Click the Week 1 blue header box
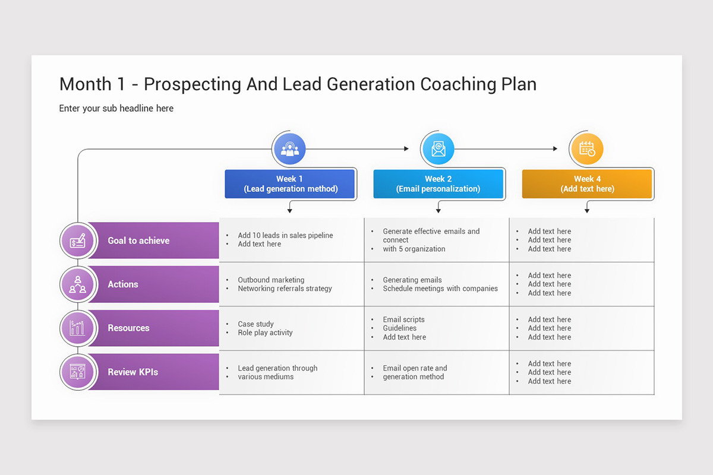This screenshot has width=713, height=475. (x=290, y=184)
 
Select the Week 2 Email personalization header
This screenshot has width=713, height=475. (x=438, y=184)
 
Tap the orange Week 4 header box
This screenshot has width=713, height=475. (x=586, y=184)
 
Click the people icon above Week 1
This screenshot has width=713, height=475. (x=289, y=149)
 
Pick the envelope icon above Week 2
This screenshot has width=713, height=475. (x=438, y=149)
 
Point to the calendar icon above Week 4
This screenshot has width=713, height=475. (x=586, y=149)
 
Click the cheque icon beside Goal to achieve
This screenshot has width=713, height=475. (x=77, y=241)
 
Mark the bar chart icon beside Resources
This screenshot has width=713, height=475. (x=77, y=328)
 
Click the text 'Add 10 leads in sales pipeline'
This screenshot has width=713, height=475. (x=285, y=236)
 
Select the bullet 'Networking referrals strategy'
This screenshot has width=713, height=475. (x=285, y=289)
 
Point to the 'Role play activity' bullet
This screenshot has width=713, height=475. (x=265, y=332)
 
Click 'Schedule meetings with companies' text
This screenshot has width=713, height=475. (x=440, y=289)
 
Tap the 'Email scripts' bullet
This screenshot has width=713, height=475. (x=403, y=319)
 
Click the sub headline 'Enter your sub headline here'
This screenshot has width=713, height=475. (x=116, y=108)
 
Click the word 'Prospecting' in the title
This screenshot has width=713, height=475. (x=193, y=84)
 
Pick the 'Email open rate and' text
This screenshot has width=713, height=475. (x=415, y=368)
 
